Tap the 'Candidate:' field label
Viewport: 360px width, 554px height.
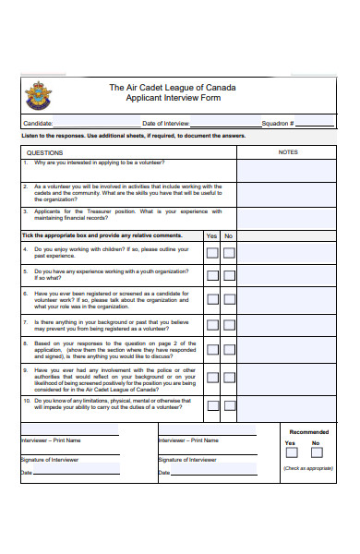[x=38, y=123]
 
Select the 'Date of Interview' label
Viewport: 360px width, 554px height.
[x=165, y=123]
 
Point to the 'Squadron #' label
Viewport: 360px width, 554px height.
[x=278, y=123]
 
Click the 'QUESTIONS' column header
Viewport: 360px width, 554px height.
[x=45, y=151]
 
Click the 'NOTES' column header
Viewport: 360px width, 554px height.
[x=288, y=151]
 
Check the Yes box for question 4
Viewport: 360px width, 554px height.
[x=212, y=252]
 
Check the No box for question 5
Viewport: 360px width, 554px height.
[x=229, y=275]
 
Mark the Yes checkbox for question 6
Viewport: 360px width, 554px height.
[x=212, y=299]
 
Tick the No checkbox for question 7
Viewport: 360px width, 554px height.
[x=229, y=324]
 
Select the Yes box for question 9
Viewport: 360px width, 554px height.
[x=212, y=379]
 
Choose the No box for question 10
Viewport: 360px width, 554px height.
[x=229, y=407]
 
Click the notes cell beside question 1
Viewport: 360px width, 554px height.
[x=288, y=170]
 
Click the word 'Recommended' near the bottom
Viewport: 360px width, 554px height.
[x=308, y=431]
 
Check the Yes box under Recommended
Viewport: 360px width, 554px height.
[x=291, y=453]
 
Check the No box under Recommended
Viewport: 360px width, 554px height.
[x=317, y=453]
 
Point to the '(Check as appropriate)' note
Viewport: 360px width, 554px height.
[x=308, y=468]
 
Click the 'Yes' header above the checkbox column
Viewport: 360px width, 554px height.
[x=212, y=236]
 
